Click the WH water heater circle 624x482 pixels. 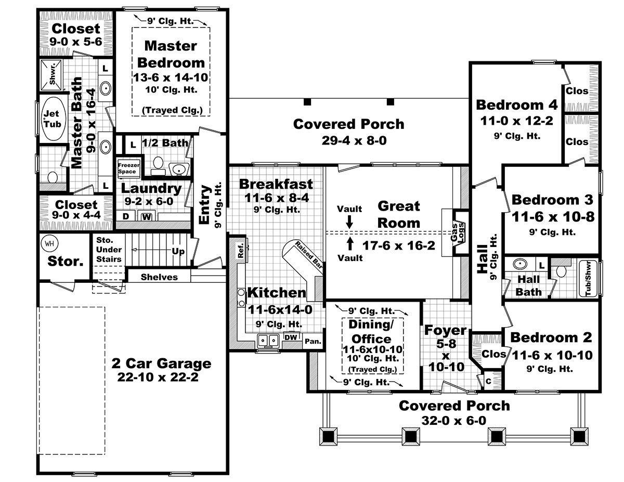point(49,244)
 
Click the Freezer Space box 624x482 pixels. point(128,168)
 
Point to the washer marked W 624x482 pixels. point(147,217)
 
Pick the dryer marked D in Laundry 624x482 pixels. point(126,216)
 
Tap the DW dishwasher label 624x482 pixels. point(291,337)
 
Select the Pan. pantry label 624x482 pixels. point(313,341)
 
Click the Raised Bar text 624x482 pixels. point(309,255)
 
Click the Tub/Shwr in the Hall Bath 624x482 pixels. point(588,279)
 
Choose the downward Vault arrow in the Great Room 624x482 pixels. point(349,222)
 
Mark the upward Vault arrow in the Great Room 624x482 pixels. point(350,244)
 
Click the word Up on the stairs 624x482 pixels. point(178,251)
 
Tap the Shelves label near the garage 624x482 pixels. point(159,277)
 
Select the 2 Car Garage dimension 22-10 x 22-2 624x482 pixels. point(158,377)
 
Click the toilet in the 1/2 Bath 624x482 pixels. point(158,166)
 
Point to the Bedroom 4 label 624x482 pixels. point(516,105)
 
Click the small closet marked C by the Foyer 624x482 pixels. point(488,381)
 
